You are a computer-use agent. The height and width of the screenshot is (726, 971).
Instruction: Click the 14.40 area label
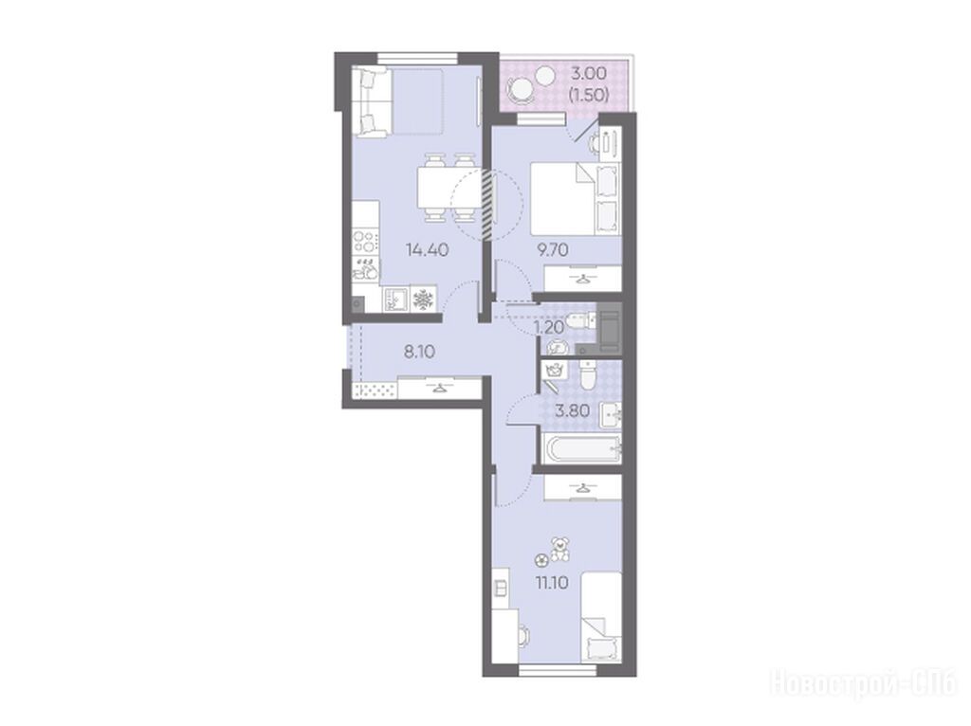pyautogui.click(x=428, y=250)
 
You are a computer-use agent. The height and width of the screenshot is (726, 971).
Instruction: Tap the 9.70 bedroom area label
pyautogui.click(x=553, y=250)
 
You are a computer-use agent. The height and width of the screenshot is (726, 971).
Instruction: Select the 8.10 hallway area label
pyautogui.click(x=419, y=353)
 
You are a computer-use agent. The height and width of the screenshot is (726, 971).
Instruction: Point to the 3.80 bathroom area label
pyautogui.click(x=572, y=410)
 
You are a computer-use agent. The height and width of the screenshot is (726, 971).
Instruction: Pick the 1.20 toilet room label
pyautogui.click(x=549, y=327)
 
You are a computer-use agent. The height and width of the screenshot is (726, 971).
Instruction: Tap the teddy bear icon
pyautogui.click(x=560, y=550)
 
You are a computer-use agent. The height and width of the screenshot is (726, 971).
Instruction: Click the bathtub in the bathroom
pyautogui.click(x=581, y=448)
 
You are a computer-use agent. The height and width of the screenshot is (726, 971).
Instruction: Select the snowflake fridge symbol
pyautogui.click(x=423, y=299)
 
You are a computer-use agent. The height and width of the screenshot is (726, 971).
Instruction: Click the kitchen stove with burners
pyautogui.click(x=365, y=242)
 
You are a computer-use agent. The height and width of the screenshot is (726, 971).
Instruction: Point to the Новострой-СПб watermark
pyautogui.click(x=863, y=684)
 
